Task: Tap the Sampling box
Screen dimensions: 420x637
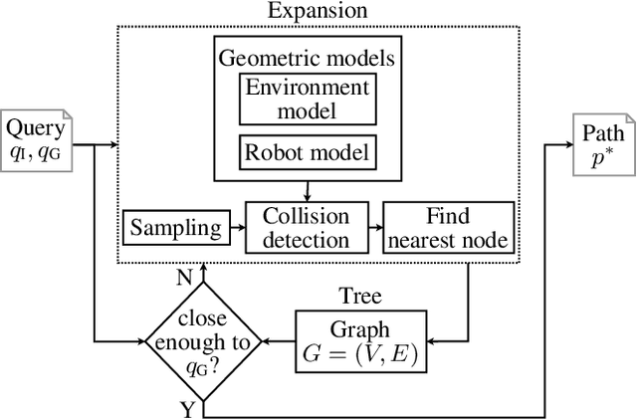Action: pyautogui.click(x=176, y=227)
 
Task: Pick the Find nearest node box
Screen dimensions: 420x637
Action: pyautogui.click(x=449, y=227)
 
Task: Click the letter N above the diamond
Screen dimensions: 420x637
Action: pyautogui.click(x=183, y=278)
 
